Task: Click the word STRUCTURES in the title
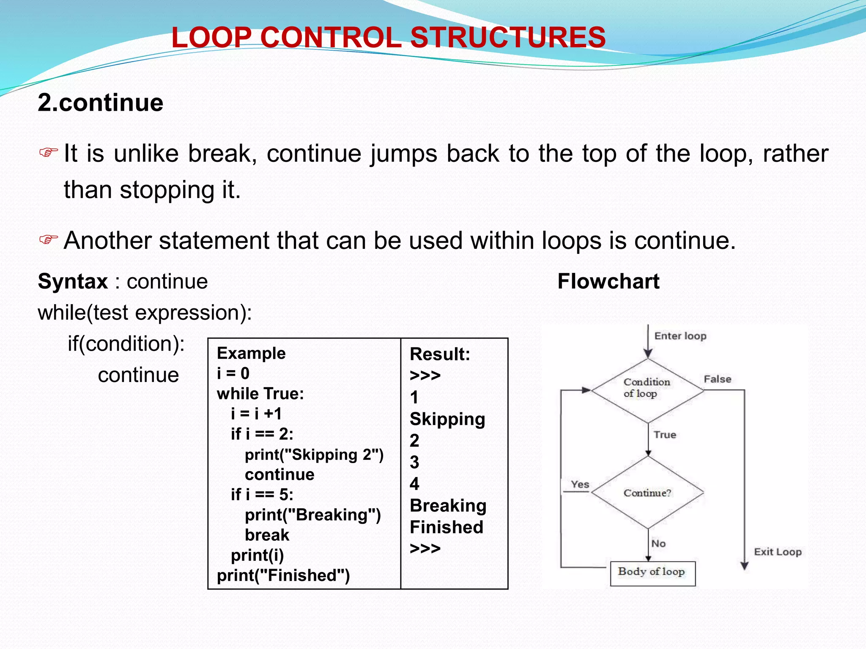click(x=508, y=37)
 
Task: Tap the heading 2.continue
click(x=100, y=103)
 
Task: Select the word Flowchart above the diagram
click(x=608, y=281)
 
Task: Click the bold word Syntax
click(x=73, y=281)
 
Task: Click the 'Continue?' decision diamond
click(x=647, y=493)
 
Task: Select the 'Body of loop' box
click(x=652, y=573)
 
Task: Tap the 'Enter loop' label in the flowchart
click(x=680, y=336)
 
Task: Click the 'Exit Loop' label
click(x=778, y=552)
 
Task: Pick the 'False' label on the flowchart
click(x=717, y=379)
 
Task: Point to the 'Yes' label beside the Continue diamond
click(x=580, y=484)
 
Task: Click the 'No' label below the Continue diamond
click(x=658, y=543)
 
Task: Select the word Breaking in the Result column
click(x=448, y=506)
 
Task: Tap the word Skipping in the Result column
click(x=447, y=419)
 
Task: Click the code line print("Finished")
click(x=283, y=575)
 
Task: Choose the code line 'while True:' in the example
click(x=260, y=394)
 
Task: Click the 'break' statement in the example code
click(x=267, y=535)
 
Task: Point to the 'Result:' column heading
click(x=440, y=354)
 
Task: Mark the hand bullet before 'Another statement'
click(x=48, y=240)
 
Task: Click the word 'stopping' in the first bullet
click(x=167, y=190)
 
